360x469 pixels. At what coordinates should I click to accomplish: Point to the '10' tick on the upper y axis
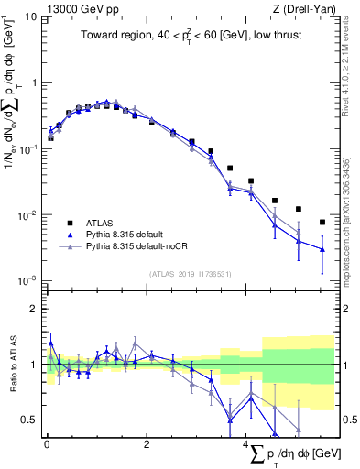pyautogui.click(x=30, y=16)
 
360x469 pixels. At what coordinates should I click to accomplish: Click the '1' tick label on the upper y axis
pyautogui.click(x=33, y=82)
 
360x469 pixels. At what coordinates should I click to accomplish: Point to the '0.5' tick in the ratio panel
pyautogui.click(x=29, y=420)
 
